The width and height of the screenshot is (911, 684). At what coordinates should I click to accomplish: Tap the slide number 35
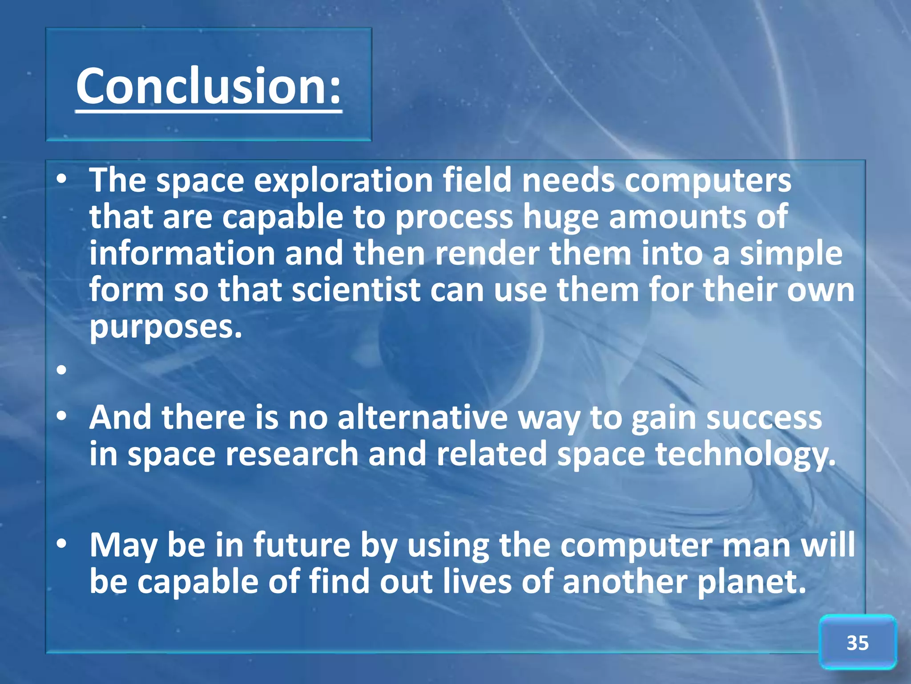coord(857,643)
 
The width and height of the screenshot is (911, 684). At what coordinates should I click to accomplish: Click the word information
coord(182,253)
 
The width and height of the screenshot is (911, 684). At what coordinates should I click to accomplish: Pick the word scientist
coord(356,289)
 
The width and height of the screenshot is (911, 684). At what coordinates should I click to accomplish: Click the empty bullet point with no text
coord(61,370)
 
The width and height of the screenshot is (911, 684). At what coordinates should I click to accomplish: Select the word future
coord(302,545)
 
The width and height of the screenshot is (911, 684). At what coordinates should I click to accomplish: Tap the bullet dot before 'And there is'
coord(61,417)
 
